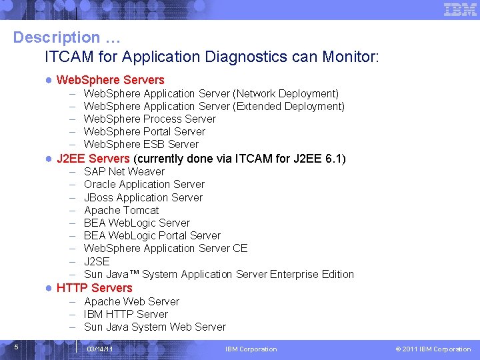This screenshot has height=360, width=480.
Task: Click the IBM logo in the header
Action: tap(460, 9)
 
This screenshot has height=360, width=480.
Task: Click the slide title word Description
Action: tap(55, 37)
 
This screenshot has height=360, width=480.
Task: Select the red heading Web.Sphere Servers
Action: tap(110, 80)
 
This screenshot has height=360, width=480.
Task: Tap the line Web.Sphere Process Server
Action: tap(149, 119)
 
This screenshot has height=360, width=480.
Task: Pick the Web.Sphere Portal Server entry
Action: tap(144, 131)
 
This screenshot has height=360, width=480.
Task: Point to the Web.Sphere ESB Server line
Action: tap(141, 144)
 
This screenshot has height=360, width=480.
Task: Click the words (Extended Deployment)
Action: tap(289, 106)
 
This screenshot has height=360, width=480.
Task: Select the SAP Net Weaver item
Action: tap(124, 171)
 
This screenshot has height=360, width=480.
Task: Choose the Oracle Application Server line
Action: tap(144, 184)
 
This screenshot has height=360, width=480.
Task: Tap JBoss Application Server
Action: tap(143, 197)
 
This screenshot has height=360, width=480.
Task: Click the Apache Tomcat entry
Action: tap(121, 210)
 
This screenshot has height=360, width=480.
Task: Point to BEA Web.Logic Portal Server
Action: tap(152, 235)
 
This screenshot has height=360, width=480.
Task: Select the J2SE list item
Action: tap(97, 261)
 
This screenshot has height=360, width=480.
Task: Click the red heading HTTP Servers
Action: tap(94, 288)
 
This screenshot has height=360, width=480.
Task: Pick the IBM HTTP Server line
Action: tap(125, 314)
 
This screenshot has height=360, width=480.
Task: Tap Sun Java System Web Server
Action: tap(155, 327)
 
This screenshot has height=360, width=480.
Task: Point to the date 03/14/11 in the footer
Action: tap(99, 349)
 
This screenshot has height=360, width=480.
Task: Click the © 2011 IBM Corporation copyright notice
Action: tap(433, 349)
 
